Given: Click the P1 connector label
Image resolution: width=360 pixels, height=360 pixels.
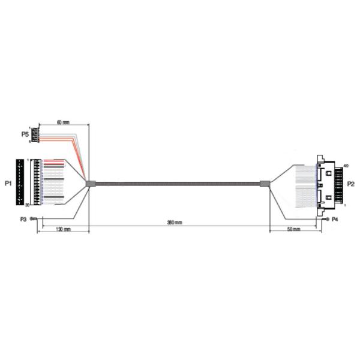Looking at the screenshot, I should coord(8,182).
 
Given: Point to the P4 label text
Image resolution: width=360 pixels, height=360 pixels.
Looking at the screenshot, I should coord(335,220).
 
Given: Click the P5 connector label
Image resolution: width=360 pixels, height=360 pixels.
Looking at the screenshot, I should coord(24,134).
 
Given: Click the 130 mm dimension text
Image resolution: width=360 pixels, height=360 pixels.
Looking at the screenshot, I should coord(63,230).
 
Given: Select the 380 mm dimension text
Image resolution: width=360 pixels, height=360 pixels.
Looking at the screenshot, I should coord(175,223).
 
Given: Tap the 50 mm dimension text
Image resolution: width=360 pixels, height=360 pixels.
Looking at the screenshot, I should coord(293,230).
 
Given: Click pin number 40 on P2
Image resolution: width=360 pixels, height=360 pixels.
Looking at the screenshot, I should coord(346,166).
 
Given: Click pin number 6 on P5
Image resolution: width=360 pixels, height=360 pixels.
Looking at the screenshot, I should coord(29,142).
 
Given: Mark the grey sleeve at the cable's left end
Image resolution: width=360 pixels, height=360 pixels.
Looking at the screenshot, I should coord(91,184).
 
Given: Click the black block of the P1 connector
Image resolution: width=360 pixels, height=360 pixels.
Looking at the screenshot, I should coord(22,182).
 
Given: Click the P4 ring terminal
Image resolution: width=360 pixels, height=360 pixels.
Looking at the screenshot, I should coord(326,220).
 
